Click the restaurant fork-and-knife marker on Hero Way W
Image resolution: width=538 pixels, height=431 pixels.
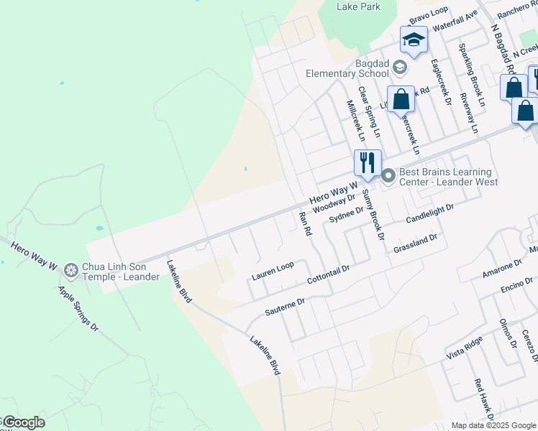click(x=368, y=162)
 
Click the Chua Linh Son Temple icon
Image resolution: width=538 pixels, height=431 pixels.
click(x=70, y=270)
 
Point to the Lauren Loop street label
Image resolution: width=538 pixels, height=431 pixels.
click(x=273, y=270)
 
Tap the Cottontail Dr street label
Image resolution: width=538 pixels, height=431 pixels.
click(x=327, y=273)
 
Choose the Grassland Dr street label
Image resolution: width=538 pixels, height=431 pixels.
click(x=415, y=243)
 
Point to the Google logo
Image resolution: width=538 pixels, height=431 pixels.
click(x=24, y=422)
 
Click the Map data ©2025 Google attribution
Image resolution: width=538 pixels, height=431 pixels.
click(x=493, y=425)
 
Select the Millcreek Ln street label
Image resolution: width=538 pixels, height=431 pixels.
click(x=355, y=119)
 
